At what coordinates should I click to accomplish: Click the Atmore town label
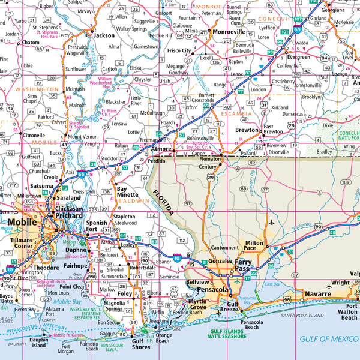(161, 148)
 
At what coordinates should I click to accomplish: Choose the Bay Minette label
(127, 191)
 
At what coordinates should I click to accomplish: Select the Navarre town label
(317, 294)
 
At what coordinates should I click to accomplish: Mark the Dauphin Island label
(38, 343)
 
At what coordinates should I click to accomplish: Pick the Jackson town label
(103, 35)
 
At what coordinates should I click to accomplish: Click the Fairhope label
(76, 265)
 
